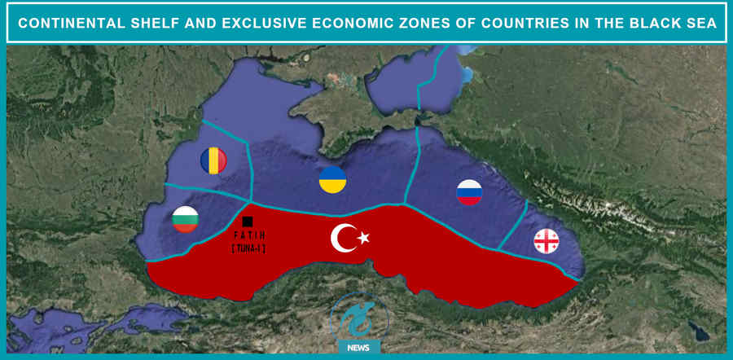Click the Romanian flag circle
[x=213, y=160]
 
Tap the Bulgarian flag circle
[x=186, y=219]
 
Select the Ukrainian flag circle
[x=332, y=180]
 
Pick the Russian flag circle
[x=469, y=192]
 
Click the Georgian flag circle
[x=546, y=241]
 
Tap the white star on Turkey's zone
[x=363, y=238]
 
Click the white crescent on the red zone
[x=343, y=238]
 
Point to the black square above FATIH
[x=248, y=222]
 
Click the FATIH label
[x=248, y=235]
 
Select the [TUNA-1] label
[x=248, y=248]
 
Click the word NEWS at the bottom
[x=358, y=348]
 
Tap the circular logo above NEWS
[x=357, y=317]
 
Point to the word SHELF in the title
[x=157, y=23]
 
